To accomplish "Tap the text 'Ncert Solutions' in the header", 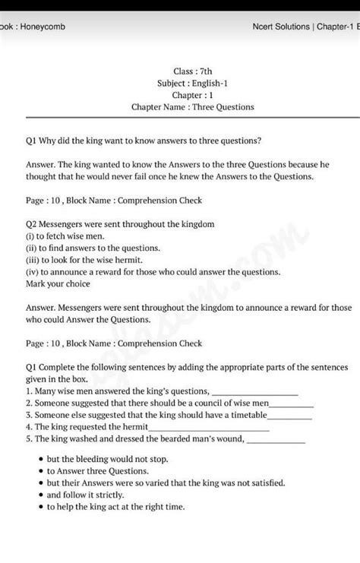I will pyautogui.click(x=280, y=27).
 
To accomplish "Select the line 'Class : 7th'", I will pyautogui.click(x=193, y=71).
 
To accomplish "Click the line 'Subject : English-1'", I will pyautogui.click(x=193, y=84).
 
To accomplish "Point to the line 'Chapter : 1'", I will pyautogui.click(x=193, y=96).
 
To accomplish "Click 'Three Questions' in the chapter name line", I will pyautogui.click(x=223, y=107).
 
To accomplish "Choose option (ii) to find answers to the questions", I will pyautogui.click(x=83, y=248).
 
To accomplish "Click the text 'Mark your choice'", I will pyautogui.click(x=58, y=283).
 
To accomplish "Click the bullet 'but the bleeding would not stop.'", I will pyautogui.click(x=107, y=460).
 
